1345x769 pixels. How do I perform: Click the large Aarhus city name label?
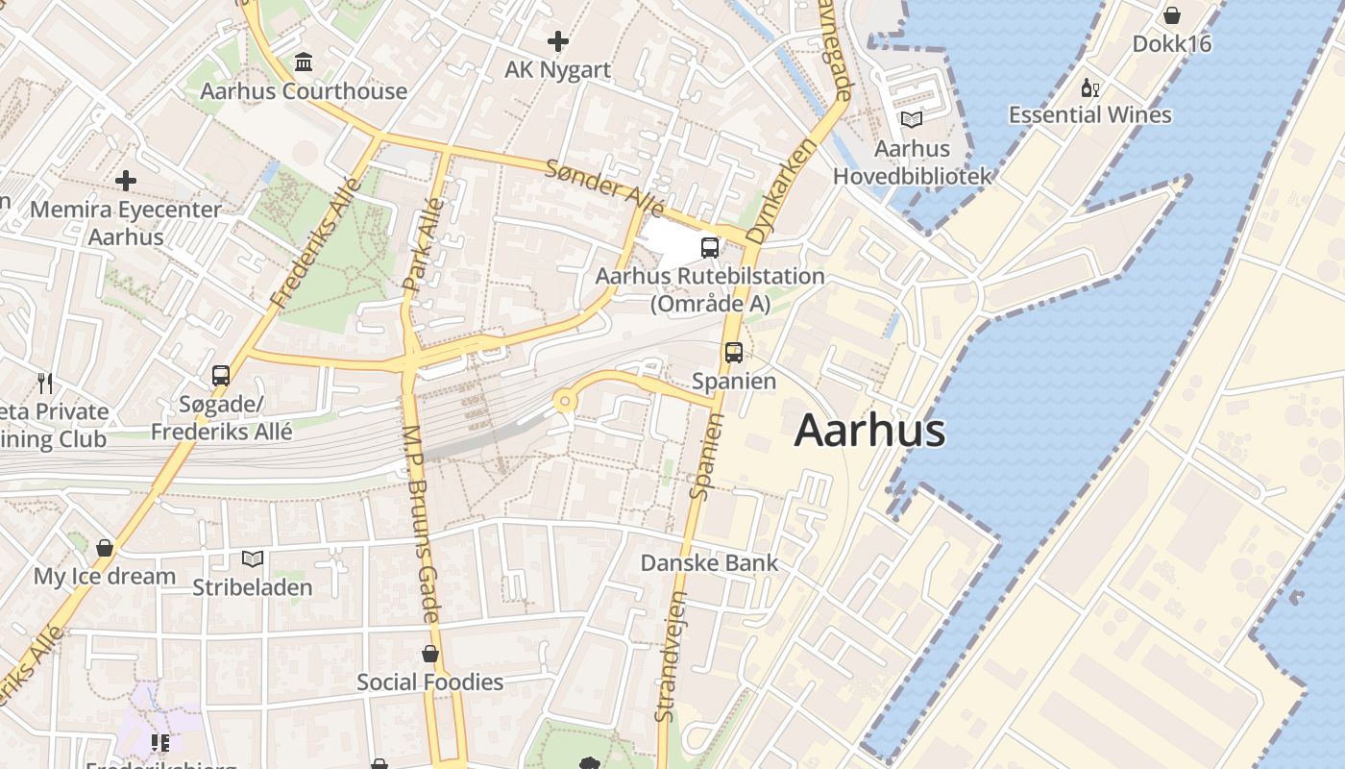[869, 431]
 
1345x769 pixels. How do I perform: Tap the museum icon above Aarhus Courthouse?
[304, 62]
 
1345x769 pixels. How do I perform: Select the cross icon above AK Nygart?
[557, 41]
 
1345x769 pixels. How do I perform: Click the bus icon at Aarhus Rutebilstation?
[710, 247]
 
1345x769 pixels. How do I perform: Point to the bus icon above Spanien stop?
[734, 352]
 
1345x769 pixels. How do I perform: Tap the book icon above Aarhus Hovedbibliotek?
[911, 120]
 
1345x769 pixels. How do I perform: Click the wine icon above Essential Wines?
[1089, 88]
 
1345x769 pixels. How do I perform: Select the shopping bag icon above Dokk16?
[1171, 15]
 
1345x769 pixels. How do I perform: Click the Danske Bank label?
[709, 562]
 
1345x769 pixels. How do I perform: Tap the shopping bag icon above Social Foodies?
[429, 654]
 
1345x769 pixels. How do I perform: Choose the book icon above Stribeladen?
[252, 558]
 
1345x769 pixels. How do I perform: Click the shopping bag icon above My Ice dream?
[104, 548]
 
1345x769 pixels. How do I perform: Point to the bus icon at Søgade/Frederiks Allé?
[221, 376]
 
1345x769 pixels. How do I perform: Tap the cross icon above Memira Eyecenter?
[125, 181]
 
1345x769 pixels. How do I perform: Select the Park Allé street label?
[424, 244]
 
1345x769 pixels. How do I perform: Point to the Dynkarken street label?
[780, 190]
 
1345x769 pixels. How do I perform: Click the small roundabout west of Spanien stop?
[564, 402]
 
